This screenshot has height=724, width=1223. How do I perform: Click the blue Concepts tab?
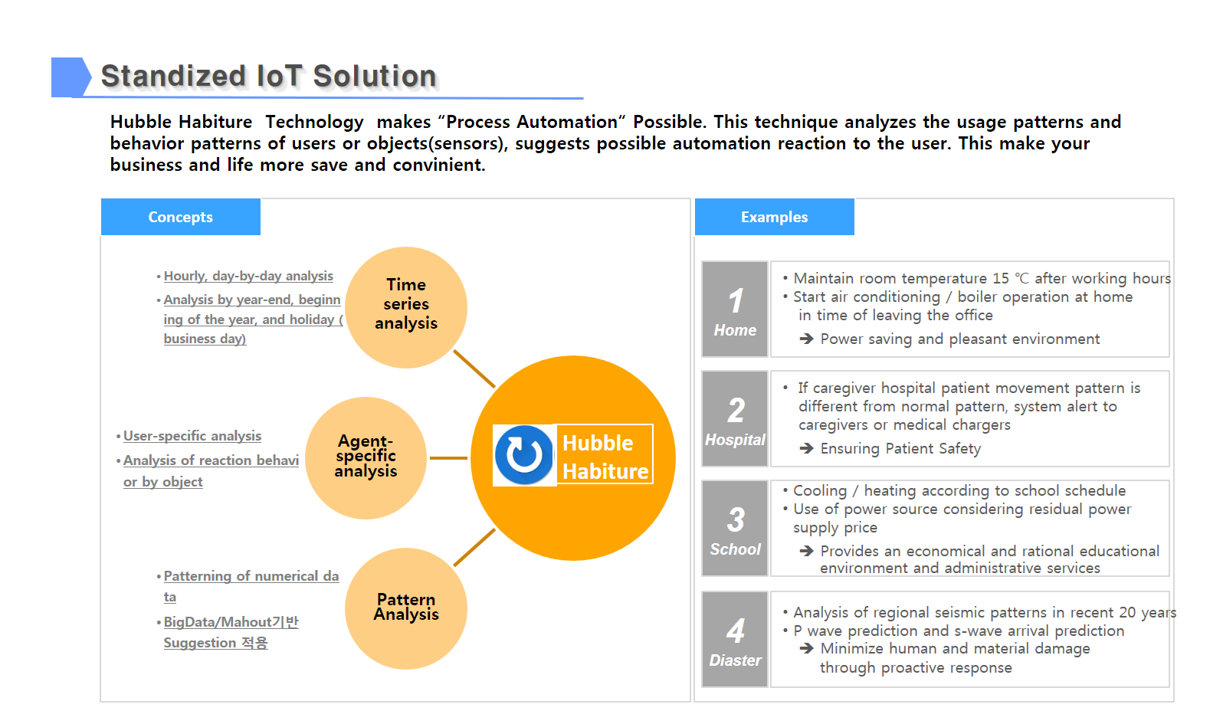tap(181, 217)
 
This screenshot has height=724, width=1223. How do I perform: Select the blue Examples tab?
tap(774, 217)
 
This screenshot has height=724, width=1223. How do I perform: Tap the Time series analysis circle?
tap(406, 307)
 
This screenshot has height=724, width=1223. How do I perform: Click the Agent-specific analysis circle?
tap(366, 457)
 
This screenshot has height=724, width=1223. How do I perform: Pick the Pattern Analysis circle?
tap(406, 608)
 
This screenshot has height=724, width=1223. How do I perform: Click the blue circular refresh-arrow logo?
tap(524, 455)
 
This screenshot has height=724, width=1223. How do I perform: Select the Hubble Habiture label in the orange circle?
tap(605, 457)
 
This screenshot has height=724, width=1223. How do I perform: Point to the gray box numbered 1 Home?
tap(735, 309)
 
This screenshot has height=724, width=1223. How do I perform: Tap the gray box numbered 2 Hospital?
tap(735, 419)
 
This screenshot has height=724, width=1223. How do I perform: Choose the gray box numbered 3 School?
tap(735, 528)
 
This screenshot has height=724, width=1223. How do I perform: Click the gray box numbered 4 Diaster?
tap(735, 639)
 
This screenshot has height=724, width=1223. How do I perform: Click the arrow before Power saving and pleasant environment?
tap(806, 339)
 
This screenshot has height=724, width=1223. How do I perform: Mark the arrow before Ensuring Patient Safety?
tap(806, 449)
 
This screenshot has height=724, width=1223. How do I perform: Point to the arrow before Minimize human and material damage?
tap(806, 649)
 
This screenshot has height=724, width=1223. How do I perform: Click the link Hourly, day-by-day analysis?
tap(248, 277)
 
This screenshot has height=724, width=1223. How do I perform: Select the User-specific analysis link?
tap(192, 436)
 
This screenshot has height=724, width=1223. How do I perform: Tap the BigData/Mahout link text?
tap(231, 622)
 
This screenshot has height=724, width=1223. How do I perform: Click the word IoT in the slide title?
tap(279, 76)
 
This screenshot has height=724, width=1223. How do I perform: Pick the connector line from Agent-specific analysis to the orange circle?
tap(449, 458)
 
